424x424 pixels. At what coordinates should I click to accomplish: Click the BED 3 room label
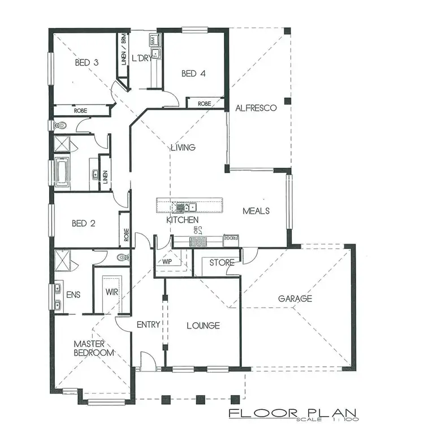87,62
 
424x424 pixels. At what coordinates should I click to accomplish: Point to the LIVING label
183,148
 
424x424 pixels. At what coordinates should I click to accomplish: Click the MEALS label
256,211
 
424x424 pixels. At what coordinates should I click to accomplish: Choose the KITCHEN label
182,219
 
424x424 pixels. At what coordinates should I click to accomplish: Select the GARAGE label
295,298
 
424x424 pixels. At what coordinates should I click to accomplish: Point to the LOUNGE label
203,326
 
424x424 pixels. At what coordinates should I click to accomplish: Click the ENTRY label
149,325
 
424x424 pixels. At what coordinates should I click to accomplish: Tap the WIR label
111,292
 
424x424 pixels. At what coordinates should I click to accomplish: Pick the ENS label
73,295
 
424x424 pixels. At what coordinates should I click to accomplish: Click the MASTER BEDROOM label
94,348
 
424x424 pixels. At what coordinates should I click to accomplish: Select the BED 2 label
83,223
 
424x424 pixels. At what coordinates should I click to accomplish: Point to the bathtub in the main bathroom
61,172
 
